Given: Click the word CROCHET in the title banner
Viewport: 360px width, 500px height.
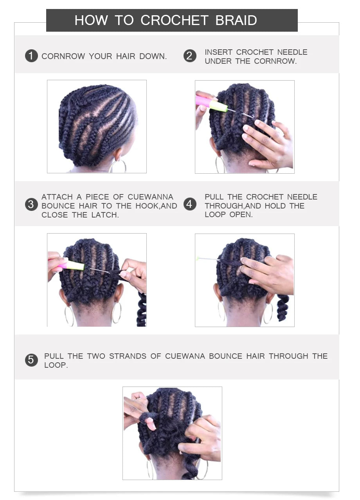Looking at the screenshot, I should pyautogui.click(x=174, y=20).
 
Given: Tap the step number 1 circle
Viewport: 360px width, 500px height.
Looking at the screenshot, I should pyautogui.click(x=31, y=56).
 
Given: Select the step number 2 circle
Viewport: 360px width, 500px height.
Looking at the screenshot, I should pyautogui.click(x=190, y=56).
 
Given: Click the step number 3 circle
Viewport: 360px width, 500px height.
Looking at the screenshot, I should pyautogui.click(x=31, y=205).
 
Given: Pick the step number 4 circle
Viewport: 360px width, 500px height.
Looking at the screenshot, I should pyautogui.click(x=190, y=204).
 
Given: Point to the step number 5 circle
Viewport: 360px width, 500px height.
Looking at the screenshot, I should pyautogui.click(x=31, y=360).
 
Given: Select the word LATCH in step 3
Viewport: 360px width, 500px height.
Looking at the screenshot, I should pyautogui.click(x=105, y=215).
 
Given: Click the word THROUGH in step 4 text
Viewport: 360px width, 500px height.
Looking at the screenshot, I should pyautogui.click(x=223, y=206).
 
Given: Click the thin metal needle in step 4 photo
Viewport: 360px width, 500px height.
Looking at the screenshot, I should pyautogui.click(x=209, y=259).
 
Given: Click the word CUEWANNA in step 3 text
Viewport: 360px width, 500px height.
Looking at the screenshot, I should pyautogui.click(x=150, y=197).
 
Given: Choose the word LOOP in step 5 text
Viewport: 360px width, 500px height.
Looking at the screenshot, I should pyautogui.click(x=56, y=365).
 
